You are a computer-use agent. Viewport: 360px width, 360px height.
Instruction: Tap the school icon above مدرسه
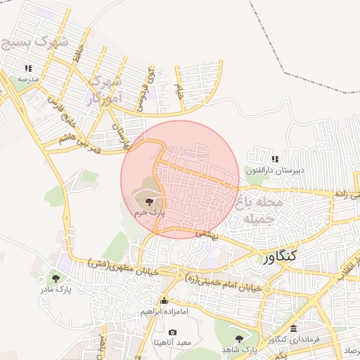[x=28, y=69]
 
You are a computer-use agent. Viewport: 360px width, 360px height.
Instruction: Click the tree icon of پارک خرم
[x=148, y=201]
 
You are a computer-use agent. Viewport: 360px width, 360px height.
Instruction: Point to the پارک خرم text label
[x=148, y=211]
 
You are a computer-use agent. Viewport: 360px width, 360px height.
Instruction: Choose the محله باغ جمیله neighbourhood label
[x=261, y=210]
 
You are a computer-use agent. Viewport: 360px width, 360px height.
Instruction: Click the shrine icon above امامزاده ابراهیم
[x=165, y=300]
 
